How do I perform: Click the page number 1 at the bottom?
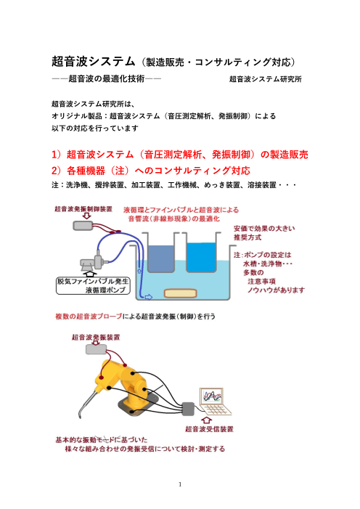[x=179, y=483]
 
